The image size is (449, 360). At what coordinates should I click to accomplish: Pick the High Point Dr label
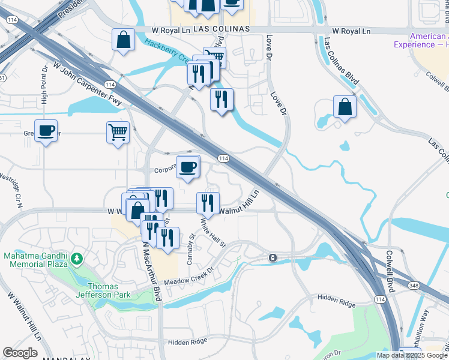pos(44,84)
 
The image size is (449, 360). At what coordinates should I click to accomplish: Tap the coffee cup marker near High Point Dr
pos(46,130)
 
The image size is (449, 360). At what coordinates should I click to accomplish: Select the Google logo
pos(20,353)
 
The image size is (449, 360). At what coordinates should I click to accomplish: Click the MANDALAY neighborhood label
pos(66,358)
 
